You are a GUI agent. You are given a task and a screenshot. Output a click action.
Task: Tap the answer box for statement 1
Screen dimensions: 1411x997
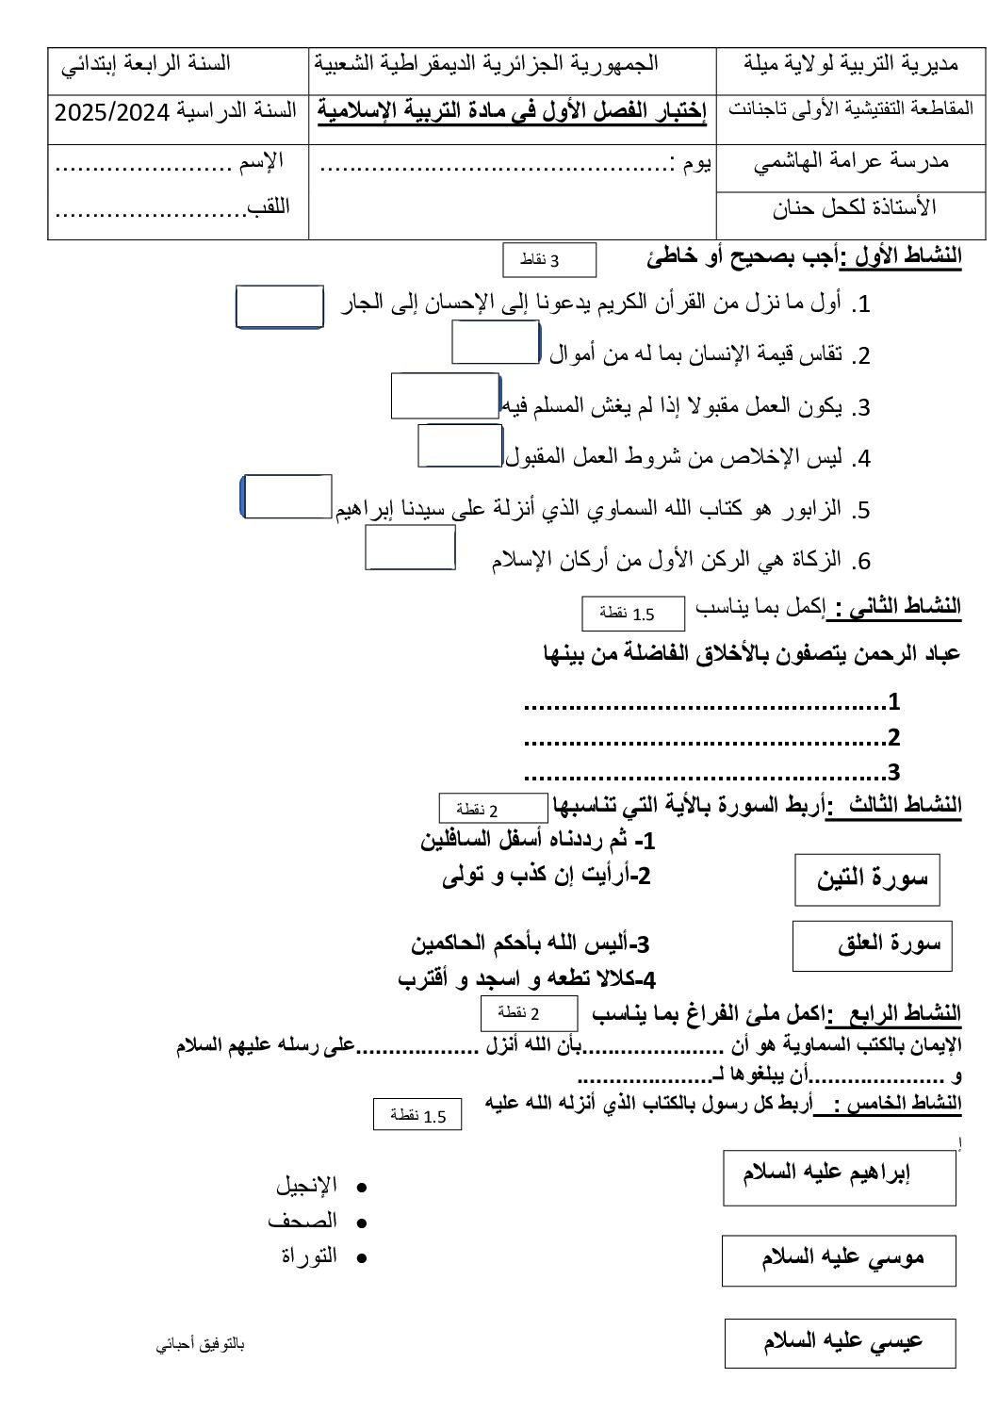coord(279,307)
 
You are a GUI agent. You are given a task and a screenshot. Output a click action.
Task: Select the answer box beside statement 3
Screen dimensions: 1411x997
coord(445,396)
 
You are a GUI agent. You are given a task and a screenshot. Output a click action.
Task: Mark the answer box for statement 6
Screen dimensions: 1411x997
coord(410,548)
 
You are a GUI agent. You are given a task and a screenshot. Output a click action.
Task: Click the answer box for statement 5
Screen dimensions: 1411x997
coord(287,497)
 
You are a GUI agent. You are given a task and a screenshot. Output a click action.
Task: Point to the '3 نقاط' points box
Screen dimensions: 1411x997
coord(550,260)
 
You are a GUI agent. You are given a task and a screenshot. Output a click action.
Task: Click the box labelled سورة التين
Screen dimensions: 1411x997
coord(867,879)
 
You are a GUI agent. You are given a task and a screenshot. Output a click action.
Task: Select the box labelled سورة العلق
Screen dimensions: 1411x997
coord(872,945)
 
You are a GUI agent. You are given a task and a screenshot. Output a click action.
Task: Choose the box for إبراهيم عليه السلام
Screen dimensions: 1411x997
coord(839,1176)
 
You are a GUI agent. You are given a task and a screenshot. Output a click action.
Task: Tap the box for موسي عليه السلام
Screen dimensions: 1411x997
coord(839,1260)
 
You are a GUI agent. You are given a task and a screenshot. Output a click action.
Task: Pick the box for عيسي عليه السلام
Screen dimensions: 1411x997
coord(839,1343)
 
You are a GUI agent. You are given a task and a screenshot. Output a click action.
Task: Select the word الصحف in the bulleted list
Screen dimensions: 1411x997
coord(302,1222)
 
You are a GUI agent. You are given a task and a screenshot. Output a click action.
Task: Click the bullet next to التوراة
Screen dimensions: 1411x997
coord(360,1257)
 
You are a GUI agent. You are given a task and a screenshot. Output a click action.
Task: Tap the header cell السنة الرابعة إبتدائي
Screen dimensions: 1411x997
coord(146,65)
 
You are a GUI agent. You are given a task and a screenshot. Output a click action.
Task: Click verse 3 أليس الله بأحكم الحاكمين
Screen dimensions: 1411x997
coord(531,943)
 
